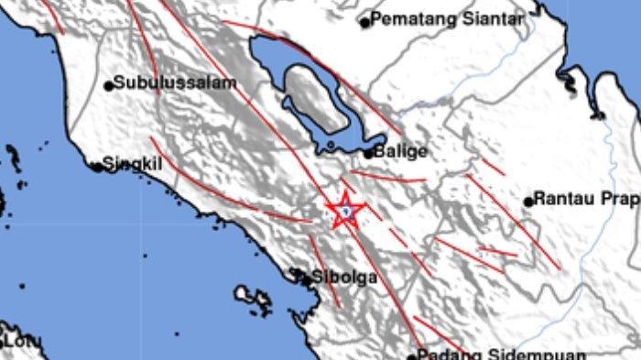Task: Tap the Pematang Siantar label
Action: click(x=448, y=18)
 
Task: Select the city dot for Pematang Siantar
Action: click(x=364, y=22)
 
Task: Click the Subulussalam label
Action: click(x=176, y=82)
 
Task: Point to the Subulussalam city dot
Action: click(x=109, y=86)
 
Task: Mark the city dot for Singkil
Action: click(x=97, y=168)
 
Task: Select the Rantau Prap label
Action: click(x=586, y=198)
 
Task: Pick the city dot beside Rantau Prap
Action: click(x=528, y=201)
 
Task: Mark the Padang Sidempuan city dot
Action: click(x=413, y=354)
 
